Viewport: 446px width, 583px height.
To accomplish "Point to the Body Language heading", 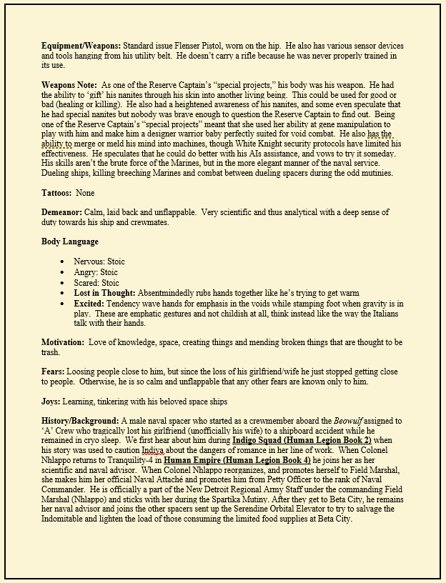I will tap(70, 241).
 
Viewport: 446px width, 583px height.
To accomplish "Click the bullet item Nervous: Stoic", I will tap(99, 261).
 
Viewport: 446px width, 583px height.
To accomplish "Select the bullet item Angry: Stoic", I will tap(96, 272).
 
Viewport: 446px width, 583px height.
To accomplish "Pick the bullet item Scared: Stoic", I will tap(96, 283).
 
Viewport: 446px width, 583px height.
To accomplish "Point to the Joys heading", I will tap(53, 402).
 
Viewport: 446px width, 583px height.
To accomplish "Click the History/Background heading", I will tap(80, 422).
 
